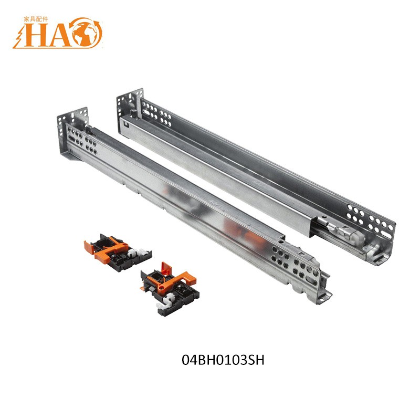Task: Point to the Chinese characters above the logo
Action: tap(36, 19)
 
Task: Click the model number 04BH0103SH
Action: tap(223, 360)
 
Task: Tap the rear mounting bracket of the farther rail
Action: tap(130, 104)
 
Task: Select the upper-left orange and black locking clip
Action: tap(118, 253)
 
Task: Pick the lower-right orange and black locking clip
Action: tap(170, 290)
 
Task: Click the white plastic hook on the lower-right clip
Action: tap(166, 301)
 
